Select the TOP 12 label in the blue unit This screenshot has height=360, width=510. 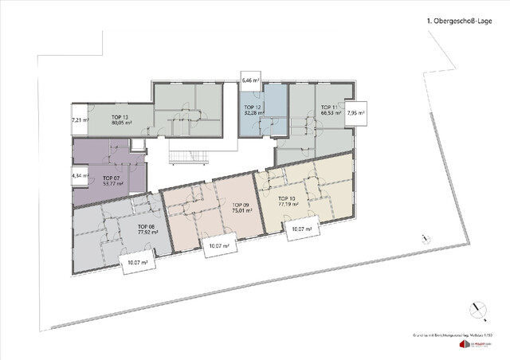[x=252, y=107]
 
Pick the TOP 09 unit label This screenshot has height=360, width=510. [x=240, y=206]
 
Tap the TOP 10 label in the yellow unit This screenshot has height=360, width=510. [x=287, y=198]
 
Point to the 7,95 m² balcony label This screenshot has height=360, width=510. [x=355, y=113]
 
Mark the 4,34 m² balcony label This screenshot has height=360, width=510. [x=80, y=174]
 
